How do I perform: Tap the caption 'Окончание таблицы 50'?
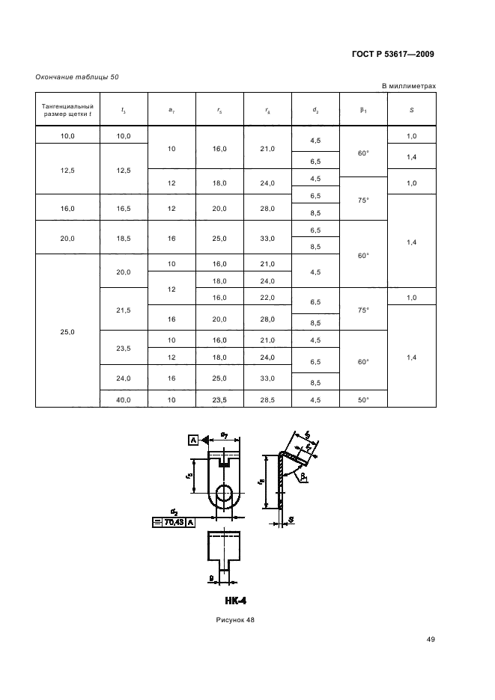click(77, 77)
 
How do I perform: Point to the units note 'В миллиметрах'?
click(408, 86)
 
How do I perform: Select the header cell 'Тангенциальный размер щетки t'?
click(67, 110)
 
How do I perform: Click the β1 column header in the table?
click(363, 110)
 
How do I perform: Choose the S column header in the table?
click(411, 110)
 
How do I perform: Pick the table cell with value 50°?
click(363, 400)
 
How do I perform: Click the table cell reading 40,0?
click(124, 400)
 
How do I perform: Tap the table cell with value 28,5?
click(267, 400)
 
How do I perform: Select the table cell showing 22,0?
click(267, 298)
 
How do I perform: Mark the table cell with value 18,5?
click(124, 238)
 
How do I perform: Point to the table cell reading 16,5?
click(124, 209)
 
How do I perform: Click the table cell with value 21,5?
click(124, 309)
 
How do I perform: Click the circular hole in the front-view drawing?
click(224, 494)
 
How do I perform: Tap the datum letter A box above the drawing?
click(193, 441)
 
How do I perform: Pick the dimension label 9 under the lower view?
click(212, 577)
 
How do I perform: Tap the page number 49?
click(430, 639)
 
